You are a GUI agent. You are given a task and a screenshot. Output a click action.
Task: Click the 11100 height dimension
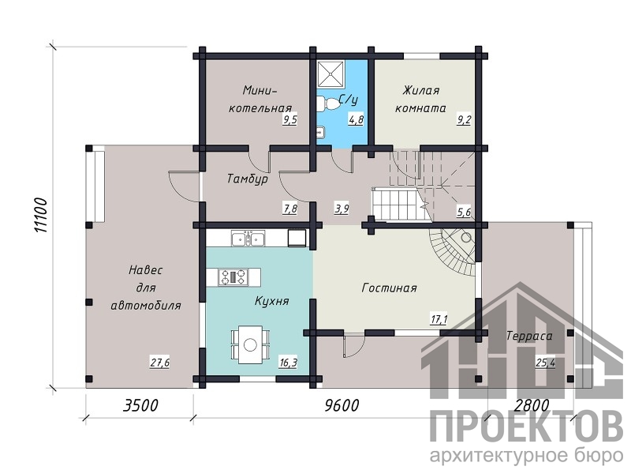point(41,215)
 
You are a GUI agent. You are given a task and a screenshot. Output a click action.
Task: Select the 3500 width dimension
point(140,405)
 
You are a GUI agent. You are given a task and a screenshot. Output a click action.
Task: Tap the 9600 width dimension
point(342,405)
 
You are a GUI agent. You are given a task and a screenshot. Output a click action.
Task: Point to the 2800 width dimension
point(532,405)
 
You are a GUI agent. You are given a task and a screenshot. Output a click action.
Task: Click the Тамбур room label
point(248,179)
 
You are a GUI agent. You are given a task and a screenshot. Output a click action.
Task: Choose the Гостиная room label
point(389,288)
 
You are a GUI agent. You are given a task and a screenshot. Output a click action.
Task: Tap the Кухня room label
point(271,301)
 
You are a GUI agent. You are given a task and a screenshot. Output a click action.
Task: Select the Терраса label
point(529,335)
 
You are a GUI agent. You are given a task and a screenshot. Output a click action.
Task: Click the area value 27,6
point(160,363)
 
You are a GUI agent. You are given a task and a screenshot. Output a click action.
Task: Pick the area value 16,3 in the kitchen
point(288,363)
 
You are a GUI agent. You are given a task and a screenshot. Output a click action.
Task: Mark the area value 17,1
point(439,320)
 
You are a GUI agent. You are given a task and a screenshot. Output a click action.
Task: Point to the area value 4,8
point(357,119)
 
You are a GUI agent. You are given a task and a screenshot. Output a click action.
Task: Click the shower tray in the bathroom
point(331,74)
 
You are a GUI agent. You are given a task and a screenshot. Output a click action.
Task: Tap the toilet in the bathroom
point(330,103)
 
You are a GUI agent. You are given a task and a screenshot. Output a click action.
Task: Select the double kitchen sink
point(248,239)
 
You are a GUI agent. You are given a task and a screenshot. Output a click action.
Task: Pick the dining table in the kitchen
point(250,344)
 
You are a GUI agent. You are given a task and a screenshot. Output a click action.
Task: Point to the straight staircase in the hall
point(401,205)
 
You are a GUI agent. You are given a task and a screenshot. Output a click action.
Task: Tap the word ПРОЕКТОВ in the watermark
point(526,427)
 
